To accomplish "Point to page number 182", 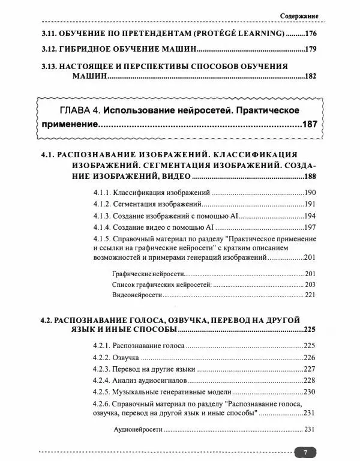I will [x=310, y=76].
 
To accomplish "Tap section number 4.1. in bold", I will [x=48, y=155].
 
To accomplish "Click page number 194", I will [x=310, y=216].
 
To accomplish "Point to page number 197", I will [x=310, y=228].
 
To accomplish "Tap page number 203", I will [x=310, y=285].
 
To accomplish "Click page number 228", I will [x=310, y=381].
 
